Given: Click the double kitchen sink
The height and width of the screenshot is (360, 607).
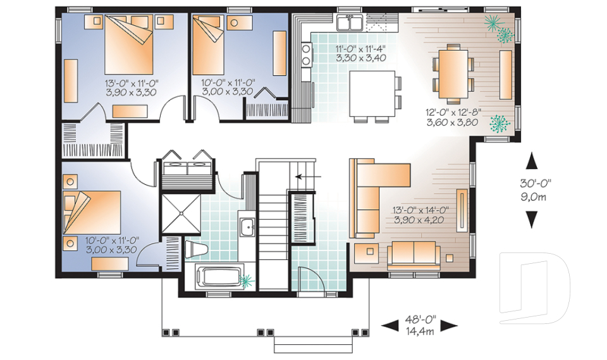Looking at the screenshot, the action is (350, 23).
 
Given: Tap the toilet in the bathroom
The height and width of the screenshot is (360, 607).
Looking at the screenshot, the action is (196, 249).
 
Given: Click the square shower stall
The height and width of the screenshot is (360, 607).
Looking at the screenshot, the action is (181, 213).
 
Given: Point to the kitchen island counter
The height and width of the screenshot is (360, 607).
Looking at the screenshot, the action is (372, 94).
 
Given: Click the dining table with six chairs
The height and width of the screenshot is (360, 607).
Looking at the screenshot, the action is (453, 74).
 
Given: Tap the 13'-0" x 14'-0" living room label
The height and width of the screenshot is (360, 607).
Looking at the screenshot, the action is (420, 215).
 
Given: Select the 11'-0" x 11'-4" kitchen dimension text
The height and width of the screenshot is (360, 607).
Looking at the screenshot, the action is (360, 54).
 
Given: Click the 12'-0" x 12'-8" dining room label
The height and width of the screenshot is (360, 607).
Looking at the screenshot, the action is (453, 118).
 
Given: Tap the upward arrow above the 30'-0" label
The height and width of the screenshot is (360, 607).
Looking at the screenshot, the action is (532, 161).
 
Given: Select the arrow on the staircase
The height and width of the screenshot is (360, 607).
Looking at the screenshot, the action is (308, 177).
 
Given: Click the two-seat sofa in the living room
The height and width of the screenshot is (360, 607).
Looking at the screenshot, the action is (414, 255).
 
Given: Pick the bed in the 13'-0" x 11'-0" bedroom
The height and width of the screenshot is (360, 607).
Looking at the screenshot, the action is (129, 45).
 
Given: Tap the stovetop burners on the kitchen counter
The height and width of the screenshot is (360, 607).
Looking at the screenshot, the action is (306, 54).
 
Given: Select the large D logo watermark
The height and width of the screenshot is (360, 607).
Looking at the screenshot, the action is (534, 288).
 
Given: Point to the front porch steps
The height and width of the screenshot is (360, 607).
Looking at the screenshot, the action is (313, 345).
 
